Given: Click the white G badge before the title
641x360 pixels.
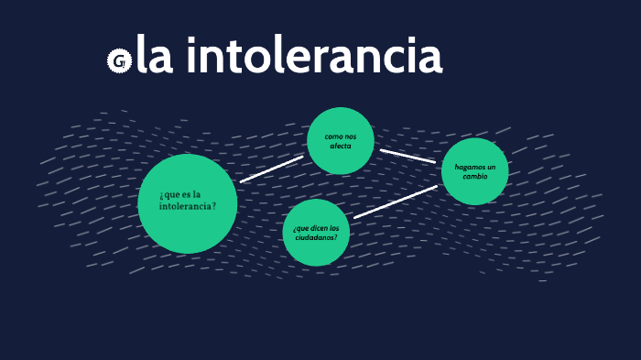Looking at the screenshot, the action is click(118, 61).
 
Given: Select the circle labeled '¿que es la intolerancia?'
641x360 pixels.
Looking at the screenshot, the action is click(188, 203).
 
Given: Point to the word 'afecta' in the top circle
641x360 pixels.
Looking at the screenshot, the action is click(341, 147).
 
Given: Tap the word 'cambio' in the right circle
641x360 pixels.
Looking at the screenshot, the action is click(475, 177).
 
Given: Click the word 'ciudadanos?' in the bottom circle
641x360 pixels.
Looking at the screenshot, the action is click(316, 237).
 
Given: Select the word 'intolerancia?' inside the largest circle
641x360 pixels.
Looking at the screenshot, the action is click(188, 207).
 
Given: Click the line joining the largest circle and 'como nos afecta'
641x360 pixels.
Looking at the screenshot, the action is click(271, 169).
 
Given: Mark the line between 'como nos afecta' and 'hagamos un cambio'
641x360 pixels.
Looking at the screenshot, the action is click(407, 156).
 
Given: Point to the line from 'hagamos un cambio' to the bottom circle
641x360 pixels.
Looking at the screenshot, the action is click(396, 202).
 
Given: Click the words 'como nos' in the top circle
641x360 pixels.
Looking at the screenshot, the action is click(341, 136).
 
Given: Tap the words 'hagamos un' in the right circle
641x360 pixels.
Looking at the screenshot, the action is click(475, 167).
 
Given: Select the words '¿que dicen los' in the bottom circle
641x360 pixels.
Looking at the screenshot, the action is click(316, 227).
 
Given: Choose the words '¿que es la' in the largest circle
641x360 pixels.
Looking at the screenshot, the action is click(180, 194).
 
